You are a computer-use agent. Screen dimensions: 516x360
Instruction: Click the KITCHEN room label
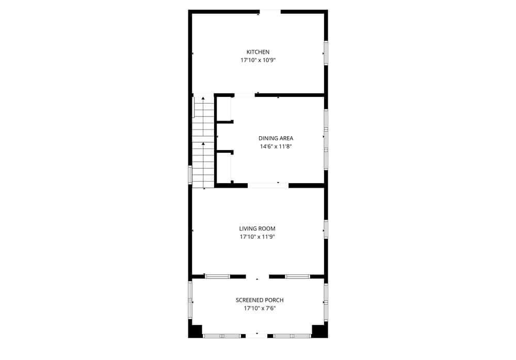pyautogui.click(x=258, y=52)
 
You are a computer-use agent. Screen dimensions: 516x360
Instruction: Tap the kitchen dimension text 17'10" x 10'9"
pyautogui.click(x=258, y=60)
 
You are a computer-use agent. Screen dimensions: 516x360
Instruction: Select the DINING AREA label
pyautogui.click(x=276, y=139)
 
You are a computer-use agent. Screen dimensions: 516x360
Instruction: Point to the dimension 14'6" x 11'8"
pyautogui.click(x=276, y=147)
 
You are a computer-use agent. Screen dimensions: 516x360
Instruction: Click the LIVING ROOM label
pyautogui.click(x=257, y=228)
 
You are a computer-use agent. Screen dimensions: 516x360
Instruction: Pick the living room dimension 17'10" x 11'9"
pyautogui.click(x=257, y=237)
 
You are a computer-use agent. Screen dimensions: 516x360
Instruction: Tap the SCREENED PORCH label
pyautogui.click(x=260, y=300)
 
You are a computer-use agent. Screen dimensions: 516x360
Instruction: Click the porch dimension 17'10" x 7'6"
pyautogui.click(x=260, y=308)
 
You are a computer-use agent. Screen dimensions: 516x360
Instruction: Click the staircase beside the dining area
pyautogui.click(x=203, y=141)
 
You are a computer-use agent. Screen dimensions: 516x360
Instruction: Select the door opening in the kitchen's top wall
pyautogui.click(x=270, y=12)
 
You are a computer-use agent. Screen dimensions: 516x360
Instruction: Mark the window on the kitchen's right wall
pyautogui.click(x=326, y=53)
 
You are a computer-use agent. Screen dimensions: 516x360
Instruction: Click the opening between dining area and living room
pyautogui.click(x=268, y=186)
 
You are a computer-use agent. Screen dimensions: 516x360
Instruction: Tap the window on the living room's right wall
pyautogui.click(x=326, y=229)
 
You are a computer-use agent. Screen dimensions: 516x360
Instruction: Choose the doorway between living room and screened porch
pyautogui.click(x=257, y=277)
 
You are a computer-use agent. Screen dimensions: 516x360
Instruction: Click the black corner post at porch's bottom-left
pyautogui.click(x=196, y=331)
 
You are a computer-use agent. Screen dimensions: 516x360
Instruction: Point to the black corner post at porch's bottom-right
pyautogui.click(x=319, y=331)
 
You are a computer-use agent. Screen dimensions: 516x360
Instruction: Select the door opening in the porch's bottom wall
pyautogui.click(x=256, y=336)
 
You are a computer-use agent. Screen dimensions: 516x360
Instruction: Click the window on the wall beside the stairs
pyautogui.click(x=190, y=175)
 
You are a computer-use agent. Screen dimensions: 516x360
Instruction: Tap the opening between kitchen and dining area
pyautogui.click(x=244, y=95)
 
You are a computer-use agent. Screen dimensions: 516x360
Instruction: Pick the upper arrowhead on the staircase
pyautogui.click(x=203, y=98)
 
